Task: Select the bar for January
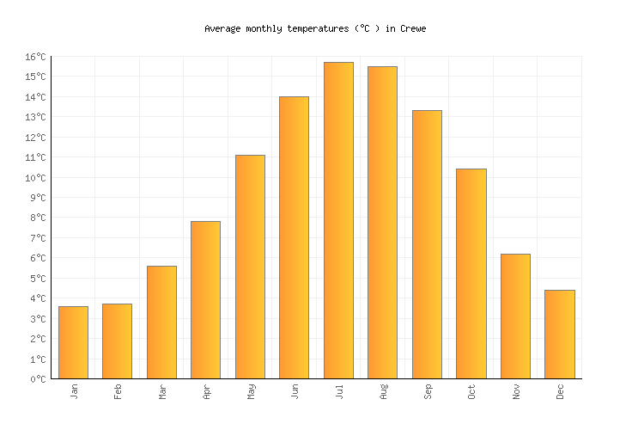tap(73, 342)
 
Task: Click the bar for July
tap(338, 220)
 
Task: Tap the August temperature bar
tap(382, 222)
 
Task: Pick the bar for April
tap(205, 299)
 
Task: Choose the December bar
tap(559, 334)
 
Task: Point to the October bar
tap(471, 273)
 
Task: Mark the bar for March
tap(161, 322)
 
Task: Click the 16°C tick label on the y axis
tap(35, 57)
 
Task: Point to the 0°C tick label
tap(38, 378)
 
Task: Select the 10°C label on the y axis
tap(35, 178)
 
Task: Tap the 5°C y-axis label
tap(38, 279)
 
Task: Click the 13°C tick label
tap(35, 117)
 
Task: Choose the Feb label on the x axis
tap(118, 390)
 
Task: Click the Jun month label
tap(295, 390)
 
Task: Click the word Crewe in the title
tap(413, 29)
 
